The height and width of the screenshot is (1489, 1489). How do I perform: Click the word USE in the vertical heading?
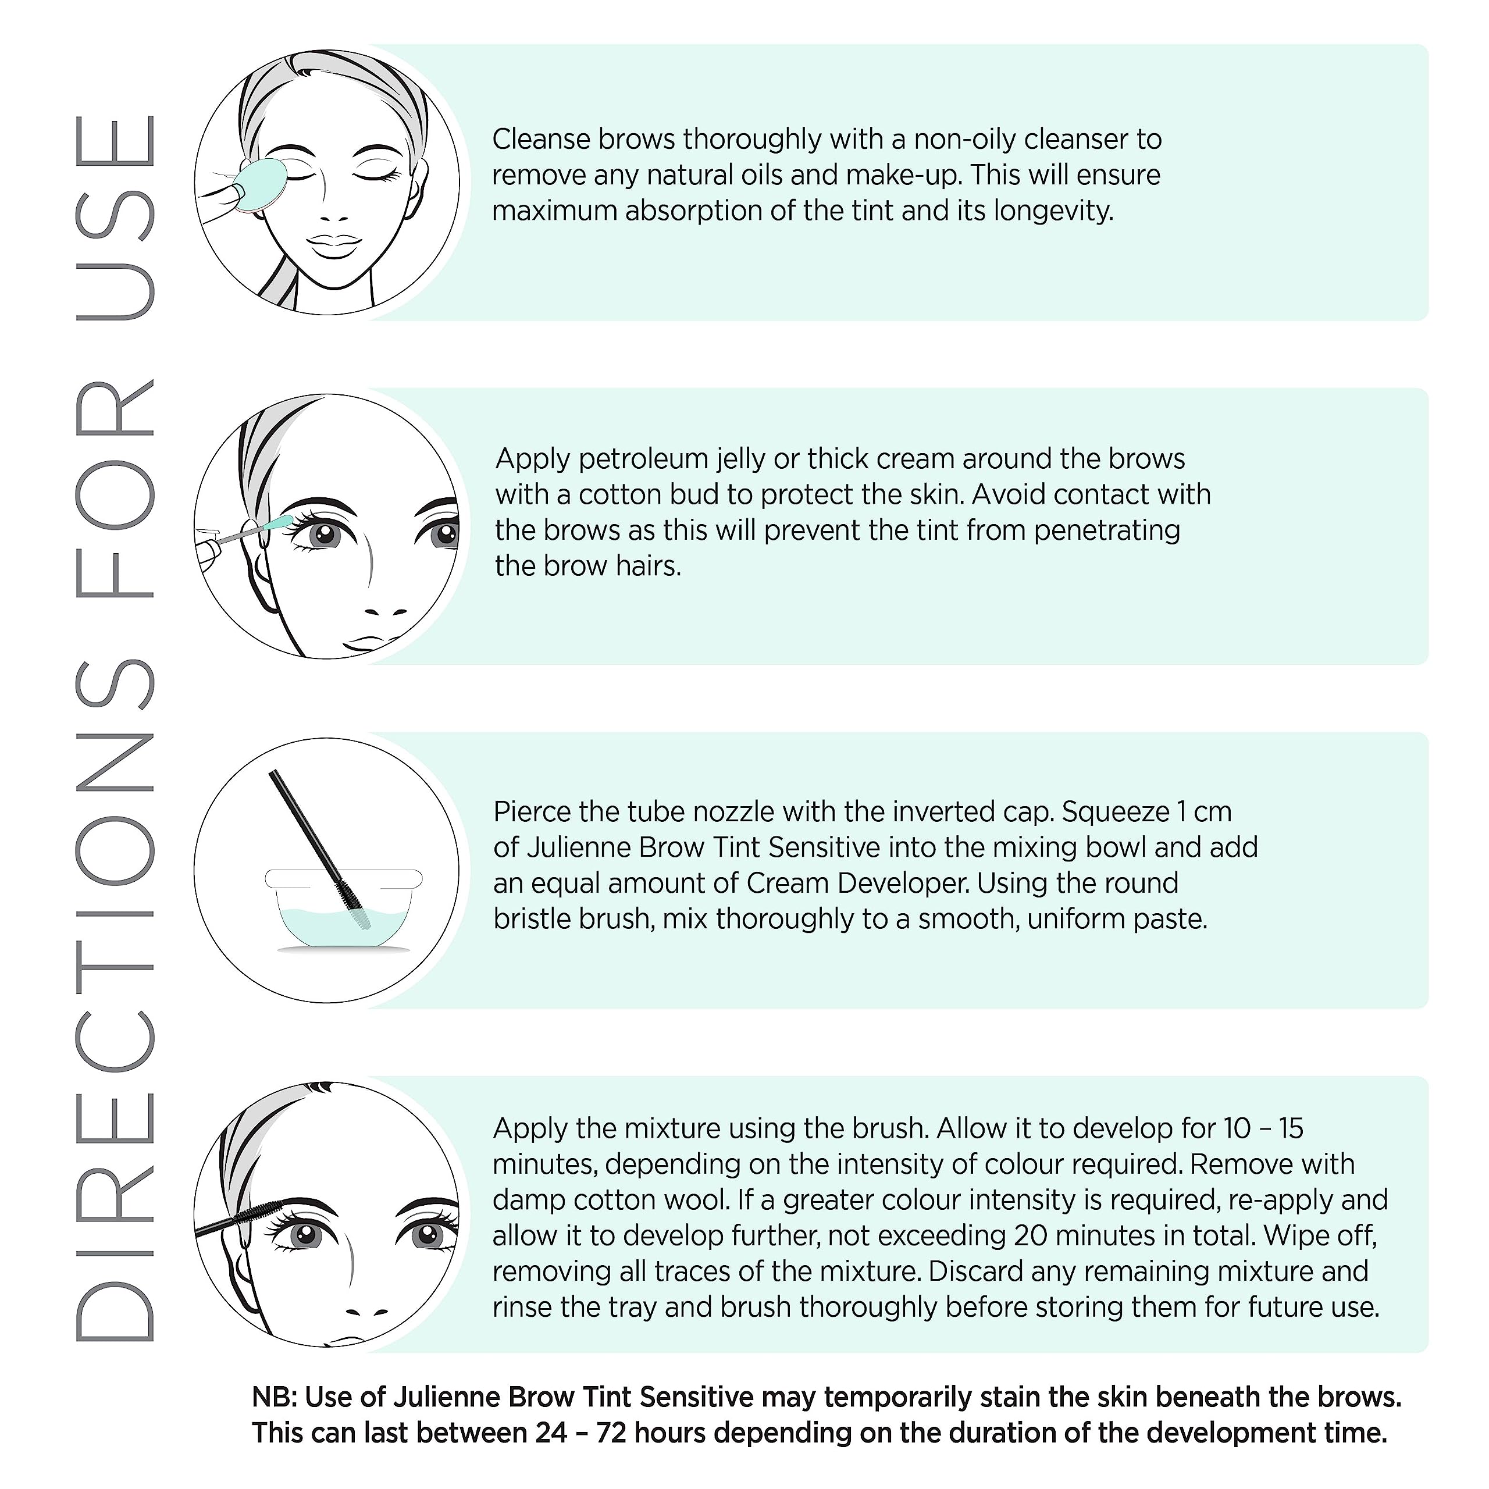[116, 218]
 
